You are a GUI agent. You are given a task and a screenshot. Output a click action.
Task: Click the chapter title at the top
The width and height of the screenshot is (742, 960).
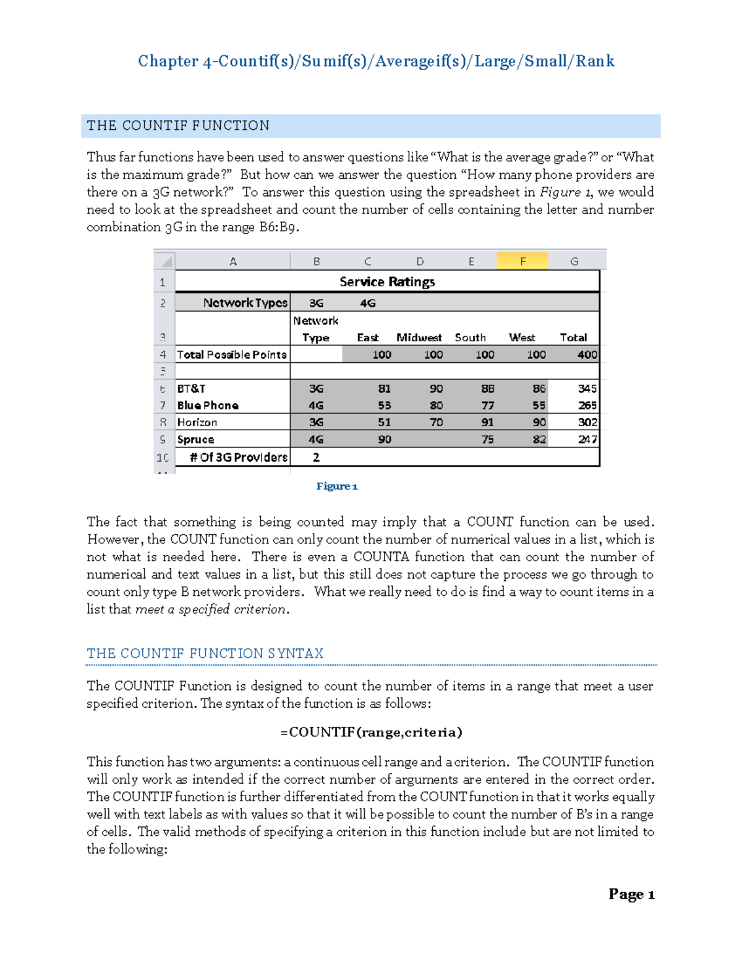coord(376,61)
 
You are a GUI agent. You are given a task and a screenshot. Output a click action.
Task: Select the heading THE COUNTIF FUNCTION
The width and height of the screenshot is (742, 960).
coord(178,125)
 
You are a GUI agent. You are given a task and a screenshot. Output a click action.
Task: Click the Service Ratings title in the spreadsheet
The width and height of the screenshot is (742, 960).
coord(387,282)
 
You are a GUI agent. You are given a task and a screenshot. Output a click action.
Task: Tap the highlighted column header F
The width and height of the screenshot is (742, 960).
coord(522,261)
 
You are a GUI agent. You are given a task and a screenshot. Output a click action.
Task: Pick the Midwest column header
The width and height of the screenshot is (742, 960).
coord(419,338)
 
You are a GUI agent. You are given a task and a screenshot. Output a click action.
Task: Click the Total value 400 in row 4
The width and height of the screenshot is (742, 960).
coord(587,355)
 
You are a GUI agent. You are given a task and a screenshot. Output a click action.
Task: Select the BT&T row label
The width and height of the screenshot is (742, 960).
coord(191,389)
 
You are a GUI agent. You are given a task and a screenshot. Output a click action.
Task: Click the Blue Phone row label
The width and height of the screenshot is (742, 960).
coord(208,406)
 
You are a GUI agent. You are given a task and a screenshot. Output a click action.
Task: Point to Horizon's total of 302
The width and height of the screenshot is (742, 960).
coord(587,422)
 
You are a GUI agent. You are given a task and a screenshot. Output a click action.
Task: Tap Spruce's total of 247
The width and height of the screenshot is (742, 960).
coord(587,440)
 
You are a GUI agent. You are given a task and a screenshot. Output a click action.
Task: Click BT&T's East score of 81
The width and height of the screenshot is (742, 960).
coord(384,389)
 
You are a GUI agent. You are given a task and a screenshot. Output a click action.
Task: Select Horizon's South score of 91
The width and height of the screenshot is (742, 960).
coord(487,422)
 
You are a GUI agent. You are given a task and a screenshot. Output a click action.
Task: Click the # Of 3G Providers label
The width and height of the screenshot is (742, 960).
coord(238,457)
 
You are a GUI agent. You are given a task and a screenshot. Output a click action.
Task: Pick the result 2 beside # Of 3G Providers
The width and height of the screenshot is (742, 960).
coord(316,457)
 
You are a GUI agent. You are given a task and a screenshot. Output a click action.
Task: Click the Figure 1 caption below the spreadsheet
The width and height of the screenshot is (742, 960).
coord(337,486)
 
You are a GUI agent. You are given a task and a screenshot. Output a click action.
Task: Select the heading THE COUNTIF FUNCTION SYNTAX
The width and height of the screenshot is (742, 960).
coord(205,653)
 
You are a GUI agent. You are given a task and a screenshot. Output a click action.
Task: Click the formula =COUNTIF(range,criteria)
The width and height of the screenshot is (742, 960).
coord(371,733)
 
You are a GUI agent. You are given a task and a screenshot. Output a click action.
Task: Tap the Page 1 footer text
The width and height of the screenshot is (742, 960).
coord(631,894)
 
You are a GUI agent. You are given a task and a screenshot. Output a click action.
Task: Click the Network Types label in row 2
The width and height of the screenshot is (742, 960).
coord(245,303)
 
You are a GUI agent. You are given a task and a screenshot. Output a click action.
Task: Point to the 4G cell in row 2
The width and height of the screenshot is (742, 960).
coord(367,304)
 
